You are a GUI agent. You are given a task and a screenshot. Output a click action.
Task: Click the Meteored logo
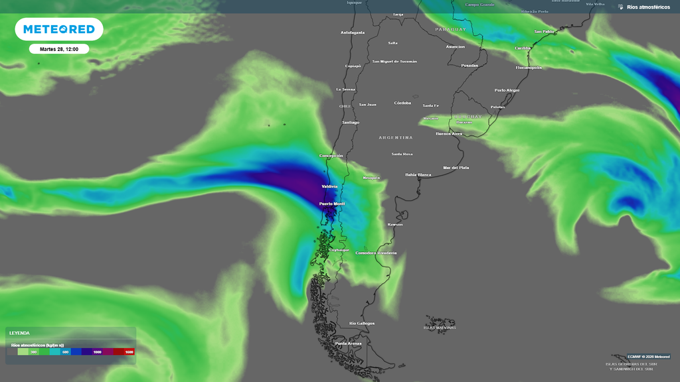[x=59, y=29]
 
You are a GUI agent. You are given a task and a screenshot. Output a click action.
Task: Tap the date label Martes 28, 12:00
[x=59, y=49]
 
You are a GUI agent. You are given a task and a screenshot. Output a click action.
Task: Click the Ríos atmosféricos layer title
[x=648, y=7]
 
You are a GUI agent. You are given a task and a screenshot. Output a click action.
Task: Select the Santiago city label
[x=351, y=122]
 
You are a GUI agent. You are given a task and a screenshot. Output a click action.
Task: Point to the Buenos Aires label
[x=448, y=133]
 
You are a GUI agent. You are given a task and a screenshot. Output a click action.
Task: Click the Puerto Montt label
[x=332, y=204]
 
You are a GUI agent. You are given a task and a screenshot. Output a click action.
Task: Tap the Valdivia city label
[x=329, y=186]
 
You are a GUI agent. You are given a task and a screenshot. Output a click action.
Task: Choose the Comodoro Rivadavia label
[x=376, y=253]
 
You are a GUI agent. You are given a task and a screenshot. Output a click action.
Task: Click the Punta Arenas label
[x=349, y=344]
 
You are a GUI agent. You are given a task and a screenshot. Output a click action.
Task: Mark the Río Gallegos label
[x=361, y=323]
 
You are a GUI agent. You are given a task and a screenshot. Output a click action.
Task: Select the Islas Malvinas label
[x=440, y=328]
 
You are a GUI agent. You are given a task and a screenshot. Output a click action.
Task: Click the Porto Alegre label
[x=507, y=90]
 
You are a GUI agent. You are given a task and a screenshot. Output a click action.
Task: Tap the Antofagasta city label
[x=353, y=32]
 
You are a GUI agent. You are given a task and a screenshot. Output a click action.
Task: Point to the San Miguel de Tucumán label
[x=394, y=61]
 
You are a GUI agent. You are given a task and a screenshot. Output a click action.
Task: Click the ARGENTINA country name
[x=396, y=137]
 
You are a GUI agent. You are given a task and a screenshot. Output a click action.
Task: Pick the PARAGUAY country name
[x=451, y=30]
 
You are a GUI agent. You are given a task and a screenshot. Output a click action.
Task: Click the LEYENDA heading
[x=19, y=333]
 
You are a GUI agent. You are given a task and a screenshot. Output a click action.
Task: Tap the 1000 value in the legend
[x=98, y=352]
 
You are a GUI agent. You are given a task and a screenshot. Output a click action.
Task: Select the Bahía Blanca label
[x=418, y=174]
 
